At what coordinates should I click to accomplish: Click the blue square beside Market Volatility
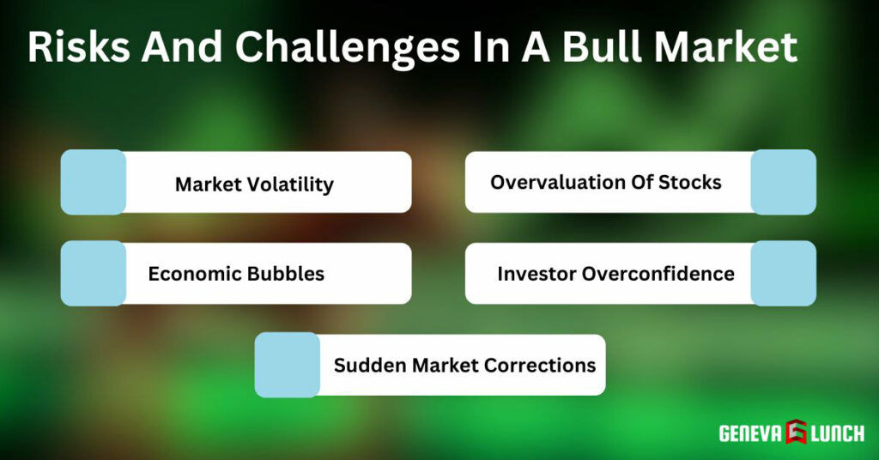[x=94, y=182]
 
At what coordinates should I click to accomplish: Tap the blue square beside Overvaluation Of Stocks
[x=783, y=182]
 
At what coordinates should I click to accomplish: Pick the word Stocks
[x=690, y=182]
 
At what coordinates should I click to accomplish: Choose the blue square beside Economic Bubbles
[x=94, y=273]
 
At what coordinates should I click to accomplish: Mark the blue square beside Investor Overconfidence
[x=783, y=273]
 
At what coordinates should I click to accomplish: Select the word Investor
[x=536, y=274]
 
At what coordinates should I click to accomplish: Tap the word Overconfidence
[x=658, y=274]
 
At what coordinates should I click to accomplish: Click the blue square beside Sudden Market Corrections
[x=288, y=365]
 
